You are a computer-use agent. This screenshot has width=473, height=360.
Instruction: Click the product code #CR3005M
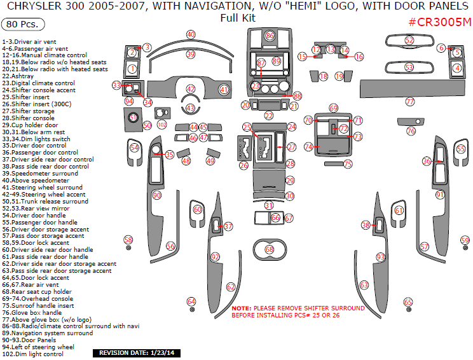point(440,22)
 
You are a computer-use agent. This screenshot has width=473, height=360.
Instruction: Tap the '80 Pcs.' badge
point(23,25)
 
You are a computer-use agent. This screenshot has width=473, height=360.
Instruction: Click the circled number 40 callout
point(191,34)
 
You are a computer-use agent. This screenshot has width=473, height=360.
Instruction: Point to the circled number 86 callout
point(270,36)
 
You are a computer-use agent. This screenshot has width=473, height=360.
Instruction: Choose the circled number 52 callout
point(409,40)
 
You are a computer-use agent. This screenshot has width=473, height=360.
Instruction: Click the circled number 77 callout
point(410,102)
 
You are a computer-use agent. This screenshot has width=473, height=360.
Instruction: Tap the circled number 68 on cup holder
point(270,249)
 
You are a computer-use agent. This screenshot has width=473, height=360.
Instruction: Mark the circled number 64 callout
point(191,301)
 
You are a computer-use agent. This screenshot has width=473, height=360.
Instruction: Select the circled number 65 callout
point(408,302)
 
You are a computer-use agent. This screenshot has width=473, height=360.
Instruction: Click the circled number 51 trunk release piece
point(134,117)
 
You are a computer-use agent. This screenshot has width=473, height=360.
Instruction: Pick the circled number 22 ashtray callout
point(269,116)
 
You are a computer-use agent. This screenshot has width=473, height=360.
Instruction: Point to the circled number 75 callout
point(348,164)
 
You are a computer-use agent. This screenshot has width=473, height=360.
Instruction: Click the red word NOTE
point(242,308)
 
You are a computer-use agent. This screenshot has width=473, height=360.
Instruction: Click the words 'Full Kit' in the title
point(237,18)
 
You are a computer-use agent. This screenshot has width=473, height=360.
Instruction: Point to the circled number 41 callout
point(224,90)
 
